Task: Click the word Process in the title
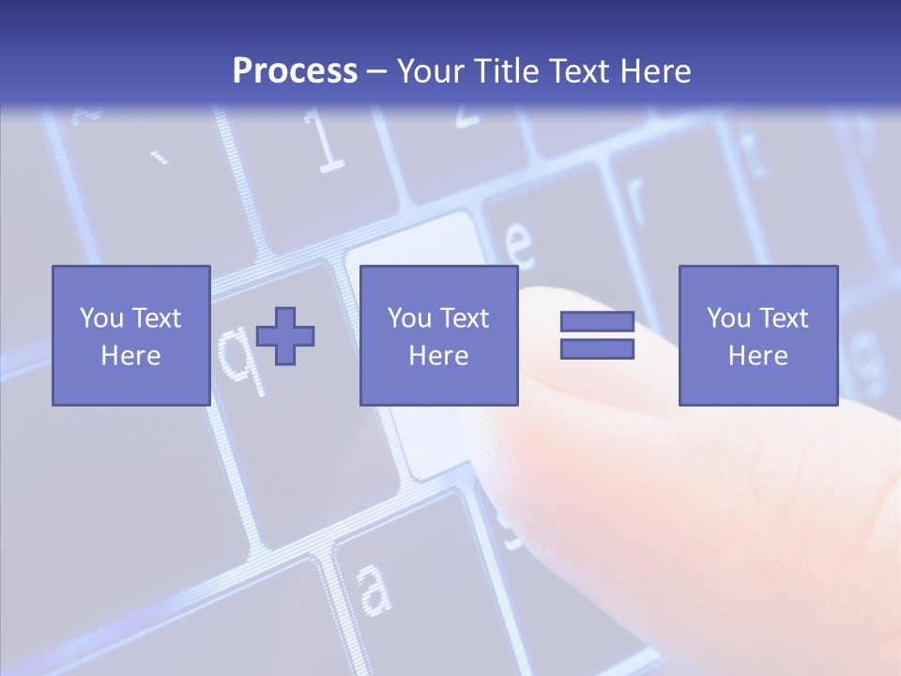tap(295, 71)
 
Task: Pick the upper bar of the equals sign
tap(597, 321)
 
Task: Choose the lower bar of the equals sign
tap(597, 349)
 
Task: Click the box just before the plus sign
tap(130, 335)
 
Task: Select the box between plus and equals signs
tap(438, 335)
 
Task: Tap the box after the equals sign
tap(757, 335)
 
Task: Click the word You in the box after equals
tap(728, 318)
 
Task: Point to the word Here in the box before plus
tap(130, 356)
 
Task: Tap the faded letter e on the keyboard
tap(520, 246)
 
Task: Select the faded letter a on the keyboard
tap(374, 589)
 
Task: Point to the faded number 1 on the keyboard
tap(327, 146)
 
